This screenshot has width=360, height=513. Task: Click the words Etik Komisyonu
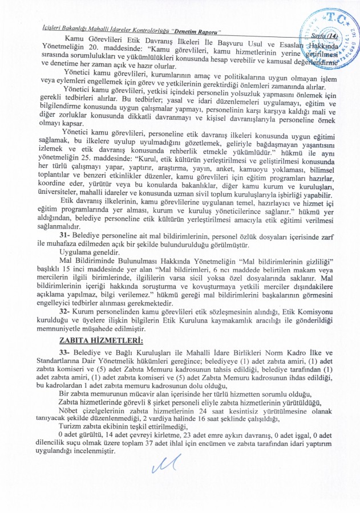tap(317, 313)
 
